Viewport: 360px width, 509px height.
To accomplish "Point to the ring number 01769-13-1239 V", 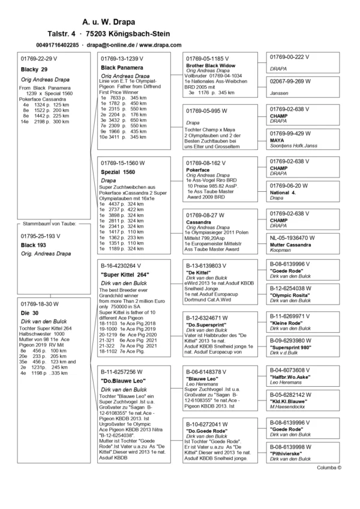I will tap(122, 58).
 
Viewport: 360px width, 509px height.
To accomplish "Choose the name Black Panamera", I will tap(124, 68).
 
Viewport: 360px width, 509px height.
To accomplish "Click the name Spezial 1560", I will tap(117, 172).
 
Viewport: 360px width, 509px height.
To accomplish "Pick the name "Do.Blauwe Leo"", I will tap(123, 381).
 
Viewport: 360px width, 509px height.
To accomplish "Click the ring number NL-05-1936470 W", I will tap(298, 221).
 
